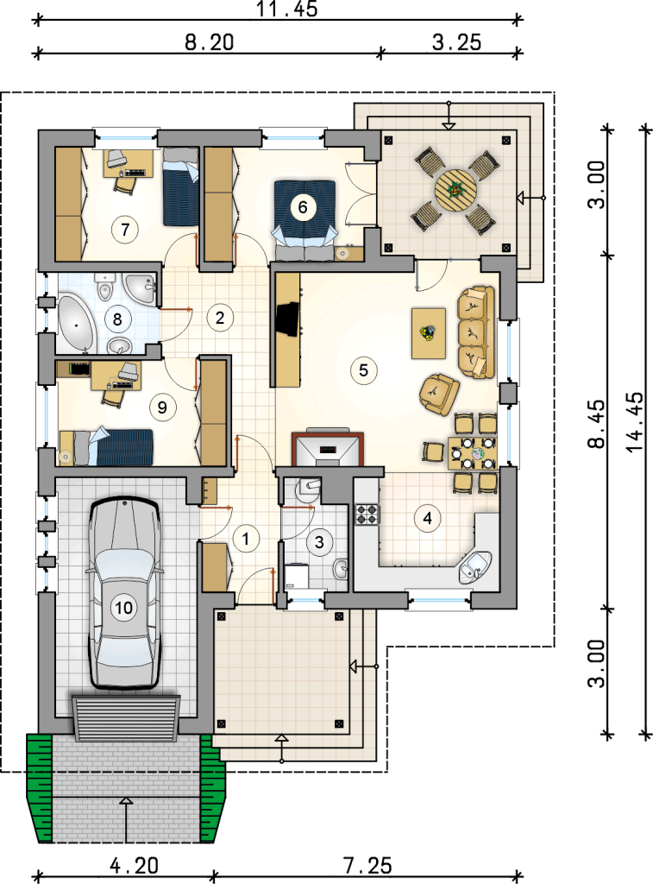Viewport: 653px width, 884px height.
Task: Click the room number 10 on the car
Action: [x=123, y=607]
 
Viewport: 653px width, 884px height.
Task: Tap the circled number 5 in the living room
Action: [x=363, y=370]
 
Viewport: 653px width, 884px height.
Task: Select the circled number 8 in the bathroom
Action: [x=117, y=319]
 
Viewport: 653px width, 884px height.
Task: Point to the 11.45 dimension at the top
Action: [x=287, y=9]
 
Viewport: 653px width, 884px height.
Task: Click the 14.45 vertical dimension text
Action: [x=634, y=421]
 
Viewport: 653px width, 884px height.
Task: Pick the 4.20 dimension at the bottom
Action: [x=134, y=865]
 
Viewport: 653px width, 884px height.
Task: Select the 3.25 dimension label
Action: [x=457, y=42]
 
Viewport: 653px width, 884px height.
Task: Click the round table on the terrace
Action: [x=455, y=190]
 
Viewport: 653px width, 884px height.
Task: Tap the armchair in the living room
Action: [x=438, y=394]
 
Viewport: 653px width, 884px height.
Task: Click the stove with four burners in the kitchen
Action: [x=367, y=515]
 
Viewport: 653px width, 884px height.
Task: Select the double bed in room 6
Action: [x=305, y=220]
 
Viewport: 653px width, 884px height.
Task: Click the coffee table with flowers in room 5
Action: [x=429, y=333]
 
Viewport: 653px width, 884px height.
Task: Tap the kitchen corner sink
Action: [x=475, y=567]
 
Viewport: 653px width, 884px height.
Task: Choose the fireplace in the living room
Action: [x=328, y=448]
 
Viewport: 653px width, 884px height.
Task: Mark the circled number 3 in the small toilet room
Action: [x=319, y=542]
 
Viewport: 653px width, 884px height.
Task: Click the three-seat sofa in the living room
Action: [x=475, y=332]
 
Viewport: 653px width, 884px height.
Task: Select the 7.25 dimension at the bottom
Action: [x=367, y=865]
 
